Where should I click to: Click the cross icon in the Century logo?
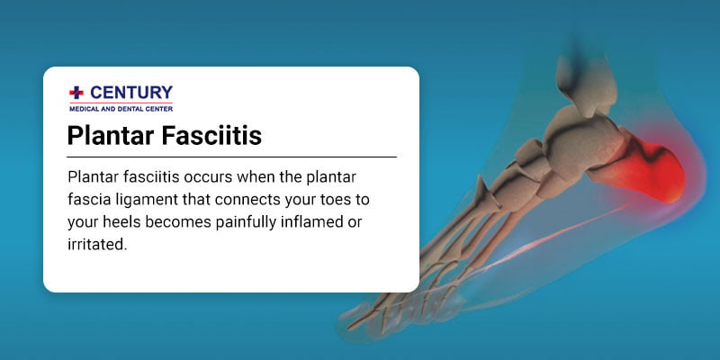tap(76, 92)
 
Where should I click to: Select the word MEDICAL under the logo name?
tap(87, 107)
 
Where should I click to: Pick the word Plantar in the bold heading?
tap(106, 136)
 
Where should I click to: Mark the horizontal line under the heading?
tap(232, 157)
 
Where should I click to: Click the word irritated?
tap(95, 244)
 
